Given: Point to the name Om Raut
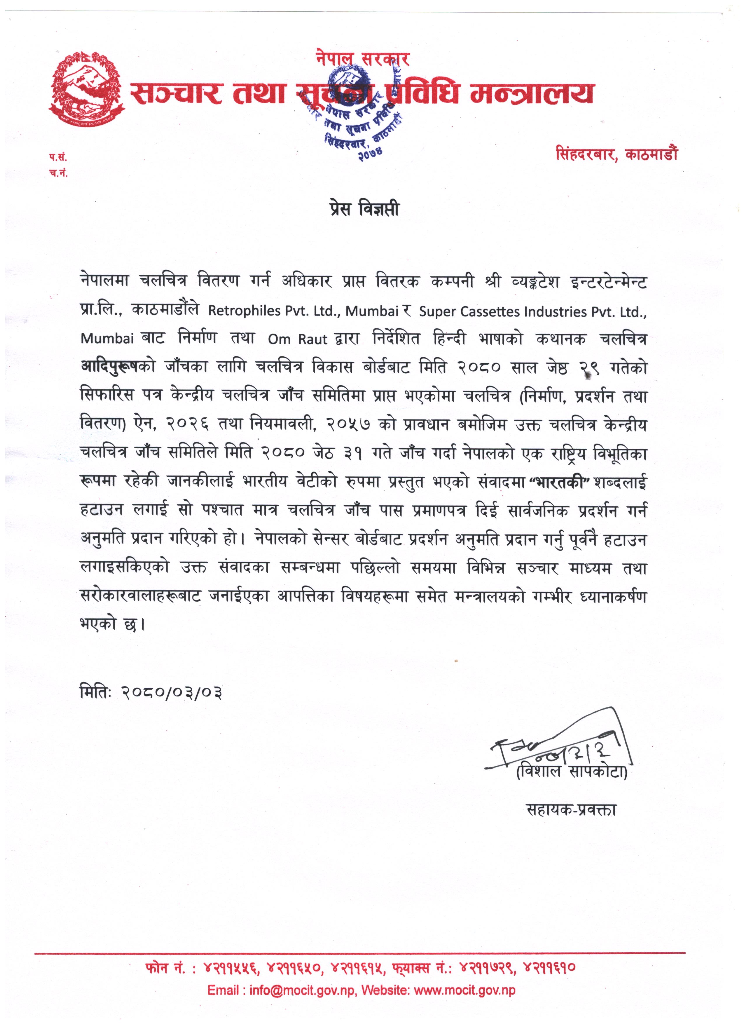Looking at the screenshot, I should (x=298, y=339).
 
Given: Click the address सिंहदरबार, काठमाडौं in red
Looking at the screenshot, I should (x=616, y=155).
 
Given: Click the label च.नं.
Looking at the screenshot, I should (x=58, y=174).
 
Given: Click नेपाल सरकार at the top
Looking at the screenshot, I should (x=363, y=59).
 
